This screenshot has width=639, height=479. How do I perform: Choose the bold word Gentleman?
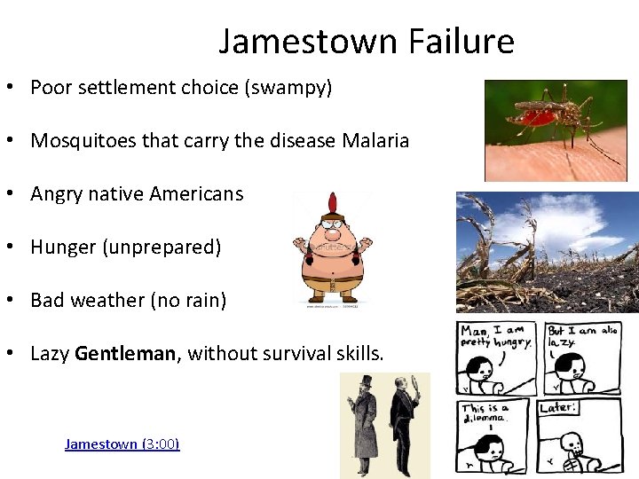(127, 354)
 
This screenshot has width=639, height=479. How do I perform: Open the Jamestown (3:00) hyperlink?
(122, 444)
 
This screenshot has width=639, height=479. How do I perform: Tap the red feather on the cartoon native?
(333, 203)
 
